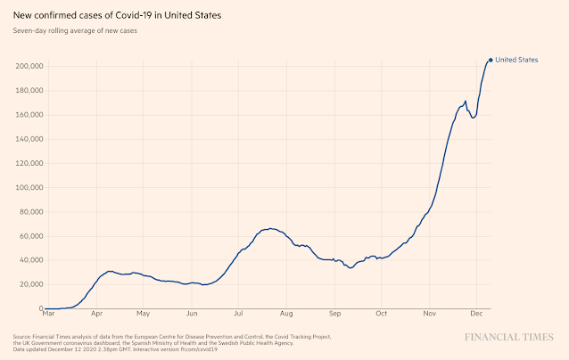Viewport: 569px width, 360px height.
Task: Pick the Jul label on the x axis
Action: pyautogui.click(x=239, y=315)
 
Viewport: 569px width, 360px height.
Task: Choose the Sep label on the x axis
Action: pyautogui.click(x=335, y=315)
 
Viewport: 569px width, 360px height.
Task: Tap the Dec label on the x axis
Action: pyautogui.click(x=476, y=315)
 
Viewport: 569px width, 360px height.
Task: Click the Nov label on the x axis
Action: pyautogui.click(x=430, y=315)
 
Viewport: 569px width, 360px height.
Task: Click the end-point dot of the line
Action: pyautogui.click(x=490, y=60)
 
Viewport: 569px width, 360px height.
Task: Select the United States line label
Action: pyautogui.click(x=516, y=60)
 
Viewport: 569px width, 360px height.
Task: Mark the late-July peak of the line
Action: pyautogui.click(x=271, y=228)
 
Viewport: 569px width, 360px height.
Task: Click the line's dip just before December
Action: pyautogui.click(x=473, y=118)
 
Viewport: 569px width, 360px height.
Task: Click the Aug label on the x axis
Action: pyautogui.click(x=286, y=315)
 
